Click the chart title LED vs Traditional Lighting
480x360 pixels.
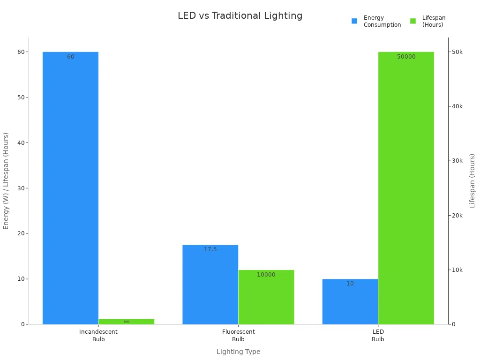click(x=240, y=15)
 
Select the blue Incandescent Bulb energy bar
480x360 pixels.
click(x=70, y=187)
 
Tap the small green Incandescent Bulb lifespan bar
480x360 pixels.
click(x=126, y=322)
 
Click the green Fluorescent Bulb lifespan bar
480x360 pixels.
click(x=266, y=297)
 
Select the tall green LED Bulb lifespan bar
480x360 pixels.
click(x=406, y=187)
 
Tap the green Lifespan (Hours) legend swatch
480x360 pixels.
click(x=413, y=21)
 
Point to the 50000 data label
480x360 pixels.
click(x=406, y=57)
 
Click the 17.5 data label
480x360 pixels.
click(x=210, y=249)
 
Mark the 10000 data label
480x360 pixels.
click(x=266, y=275)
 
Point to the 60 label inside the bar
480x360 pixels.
click(x=70, y=57)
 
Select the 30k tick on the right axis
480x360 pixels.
click(x=457, y=161)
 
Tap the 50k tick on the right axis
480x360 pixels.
click(x=457, y=52)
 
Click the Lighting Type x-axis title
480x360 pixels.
click(x=238, y=352)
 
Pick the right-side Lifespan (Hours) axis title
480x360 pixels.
click(x=472, y=180)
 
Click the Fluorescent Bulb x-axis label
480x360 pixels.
click(x=238, y=335)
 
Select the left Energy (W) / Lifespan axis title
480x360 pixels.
click(x=6, y=180)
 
